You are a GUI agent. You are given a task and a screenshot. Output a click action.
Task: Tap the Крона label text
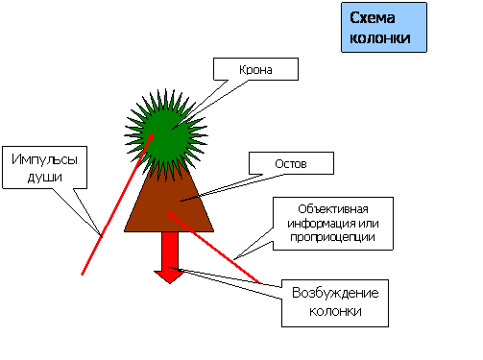(x=256, y=69)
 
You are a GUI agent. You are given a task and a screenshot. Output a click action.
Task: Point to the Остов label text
(x=291, y=164)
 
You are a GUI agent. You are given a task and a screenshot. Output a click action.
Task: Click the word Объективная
(x=332, y=210)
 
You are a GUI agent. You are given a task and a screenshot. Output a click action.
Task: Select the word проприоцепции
(x=332, y=237)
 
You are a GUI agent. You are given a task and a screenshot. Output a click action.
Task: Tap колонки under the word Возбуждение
(x=335, y=312)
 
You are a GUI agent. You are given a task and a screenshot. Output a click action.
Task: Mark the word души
(x=43, y=178)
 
